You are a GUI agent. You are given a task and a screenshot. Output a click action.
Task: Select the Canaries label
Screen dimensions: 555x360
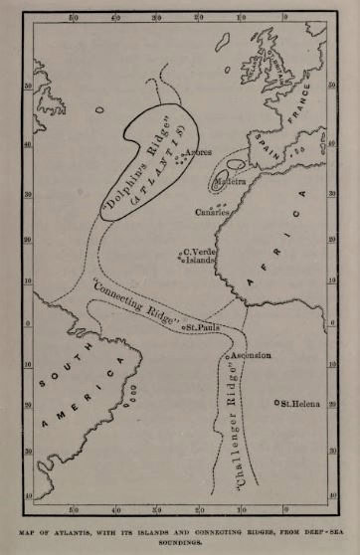213,212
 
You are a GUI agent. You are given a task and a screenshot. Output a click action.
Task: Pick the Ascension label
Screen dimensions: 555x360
252,355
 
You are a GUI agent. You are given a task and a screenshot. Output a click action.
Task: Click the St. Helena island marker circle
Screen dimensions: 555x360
276,402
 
